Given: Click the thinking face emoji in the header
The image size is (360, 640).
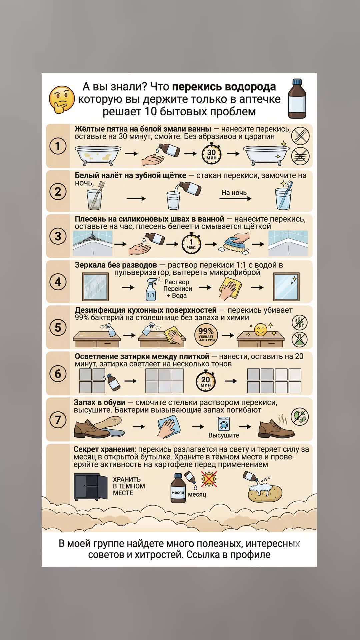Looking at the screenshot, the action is (62, 100).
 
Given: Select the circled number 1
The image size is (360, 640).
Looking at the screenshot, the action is (58, 146).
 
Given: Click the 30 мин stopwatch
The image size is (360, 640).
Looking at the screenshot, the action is (212, 154).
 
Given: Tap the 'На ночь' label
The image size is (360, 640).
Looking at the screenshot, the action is (234, 193).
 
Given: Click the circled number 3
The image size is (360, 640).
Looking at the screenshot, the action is (58, 236).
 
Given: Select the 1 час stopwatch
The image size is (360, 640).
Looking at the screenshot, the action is (191, 244).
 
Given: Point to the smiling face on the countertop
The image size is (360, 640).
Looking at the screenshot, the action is (261, 330).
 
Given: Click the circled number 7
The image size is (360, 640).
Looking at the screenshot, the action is (58, 420).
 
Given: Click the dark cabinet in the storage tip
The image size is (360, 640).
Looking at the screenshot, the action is (91, 487).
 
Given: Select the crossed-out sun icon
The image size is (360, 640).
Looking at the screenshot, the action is (209, 479).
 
